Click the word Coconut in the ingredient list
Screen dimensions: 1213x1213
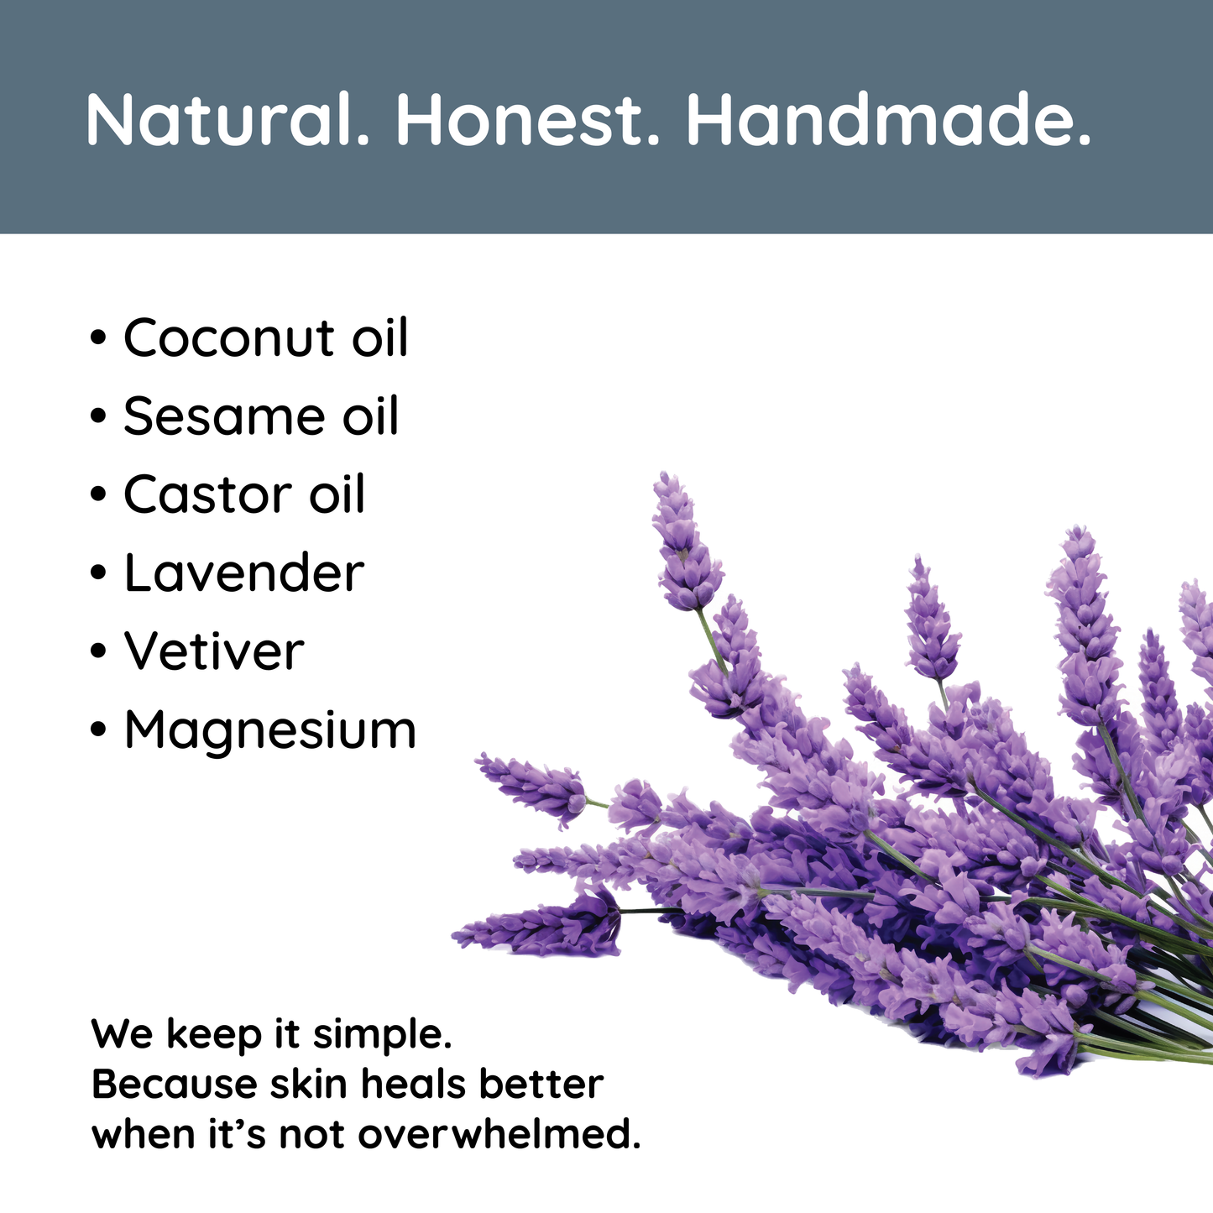228,337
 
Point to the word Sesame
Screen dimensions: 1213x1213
225,416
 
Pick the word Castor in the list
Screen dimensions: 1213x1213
207,494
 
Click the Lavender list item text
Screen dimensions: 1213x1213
244,573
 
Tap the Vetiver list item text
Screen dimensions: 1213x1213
214,651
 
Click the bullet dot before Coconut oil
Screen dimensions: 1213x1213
98,338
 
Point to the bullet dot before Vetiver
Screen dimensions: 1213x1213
98,651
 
